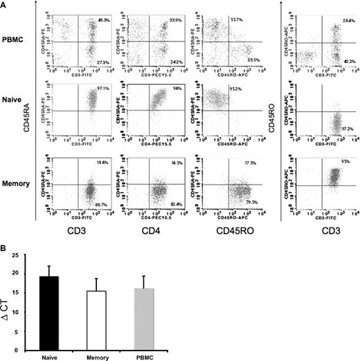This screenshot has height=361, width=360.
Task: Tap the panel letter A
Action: pos(6,6)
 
